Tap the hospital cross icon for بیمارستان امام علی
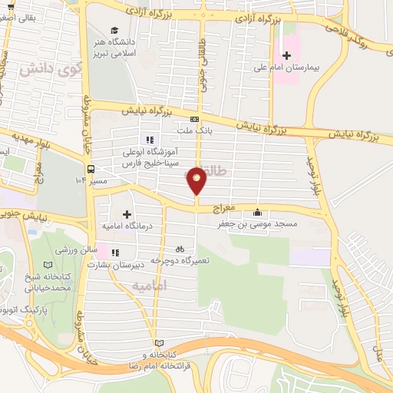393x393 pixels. coord(287,56)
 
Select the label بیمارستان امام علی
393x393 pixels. coord(287,68)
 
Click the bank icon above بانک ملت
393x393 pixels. coord(194,119)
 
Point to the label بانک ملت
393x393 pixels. coord(196,130)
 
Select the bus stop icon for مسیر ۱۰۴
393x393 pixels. coord(91,169)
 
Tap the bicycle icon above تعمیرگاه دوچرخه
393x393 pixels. coord(180,249)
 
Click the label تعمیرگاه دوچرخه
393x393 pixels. coord(181,260)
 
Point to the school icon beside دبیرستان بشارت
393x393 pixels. coord(114,252)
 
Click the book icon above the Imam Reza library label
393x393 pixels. coord(159,343)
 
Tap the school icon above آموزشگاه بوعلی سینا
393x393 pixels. coord(150,140)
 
